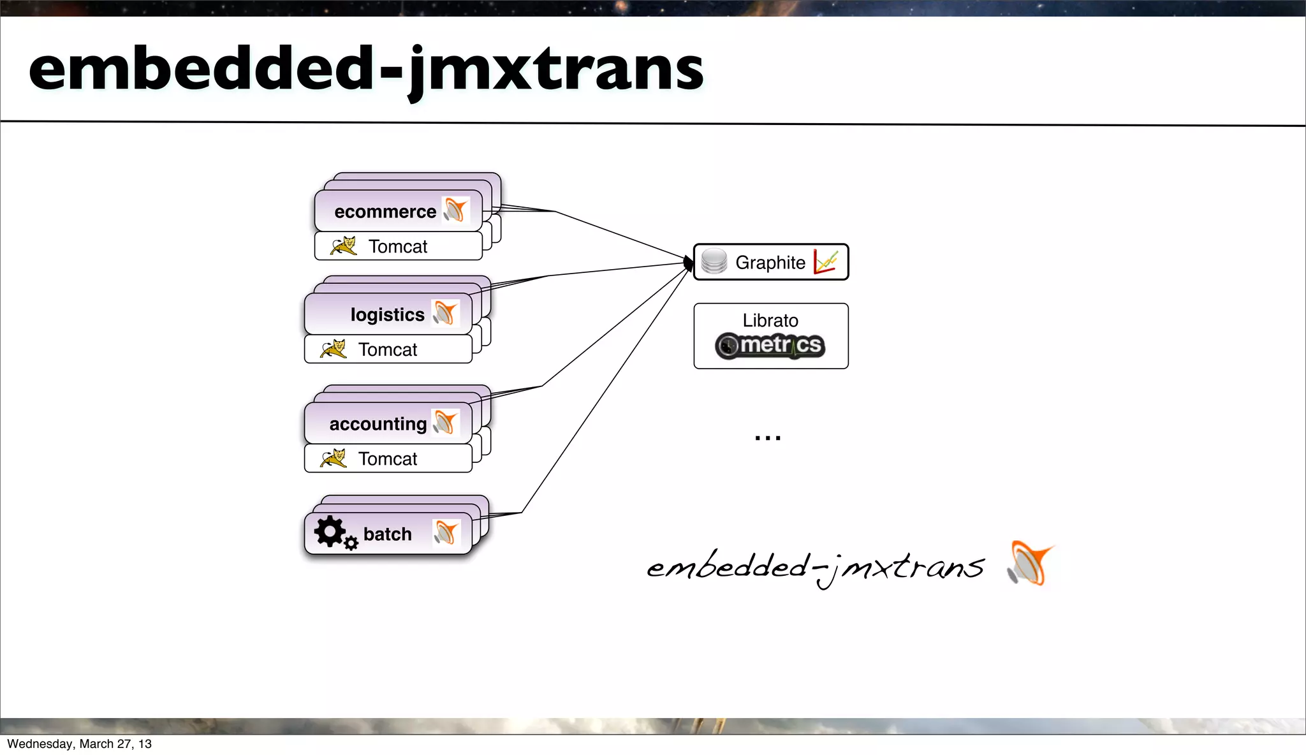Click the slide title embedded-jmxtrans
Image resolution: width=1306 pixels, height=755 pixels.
(366, 69)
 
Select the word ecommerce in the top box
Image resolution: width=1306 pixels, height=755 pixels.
(385, 212)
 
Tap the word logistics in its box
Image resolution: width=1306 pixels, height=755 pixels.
(387, 315)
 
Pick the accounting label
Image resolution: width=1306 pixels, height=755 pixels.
(378, 424)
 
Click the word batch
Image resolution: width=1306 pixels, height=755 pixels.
(387, 534)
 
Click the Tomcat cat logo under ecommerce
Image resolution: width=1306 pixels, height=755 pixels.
(344, 246)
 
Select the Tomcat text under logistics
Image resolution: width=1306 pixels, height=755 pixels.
(388, 350)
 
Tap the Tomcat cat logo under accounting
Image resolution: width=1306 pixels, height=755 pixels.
(334, 458)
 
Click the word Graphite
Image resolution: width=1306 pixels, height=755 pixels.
(770, 263)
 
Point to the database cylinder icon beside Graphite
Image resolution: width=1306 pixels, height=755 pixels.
(714, 261)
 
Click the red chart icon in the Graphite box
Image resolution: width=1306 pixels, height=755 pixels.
(826, 261)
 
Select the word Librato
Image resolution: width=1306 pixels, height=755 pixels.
(770, 321)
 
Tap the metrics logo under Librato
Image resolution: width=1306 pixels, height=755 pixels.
(770, 346)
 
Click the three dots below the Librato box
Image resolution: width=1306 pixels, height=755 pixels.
(768, 438)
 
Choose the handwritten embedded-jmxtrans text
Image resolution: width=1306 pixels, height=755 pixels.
(815, 566)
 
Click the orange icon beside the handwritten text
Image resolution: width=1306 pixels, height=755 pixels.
(1030, 563)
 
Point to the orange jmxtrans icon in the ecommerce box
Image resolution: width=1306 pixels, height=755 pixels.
(455, 210)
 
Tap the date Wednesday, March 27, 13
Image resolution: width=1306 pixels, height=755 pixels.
(80, 744)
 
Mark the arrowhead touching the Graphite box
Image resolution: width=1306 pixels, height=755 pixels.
(689, 263)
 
